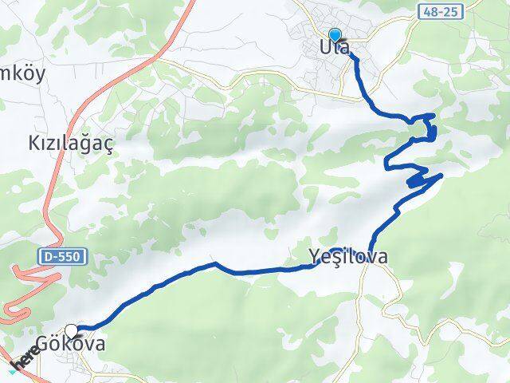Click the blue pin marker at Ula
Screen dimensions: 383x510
pos(335,35)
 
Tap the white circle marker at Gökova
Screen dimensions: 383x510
pos(73,330)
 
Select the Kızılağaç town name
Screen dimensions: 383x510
pos(72,143)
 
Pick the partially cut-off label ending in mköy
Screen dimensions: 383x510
pos(24,75)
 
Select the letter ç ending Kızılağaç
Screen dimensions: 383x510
pos(109,144)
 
